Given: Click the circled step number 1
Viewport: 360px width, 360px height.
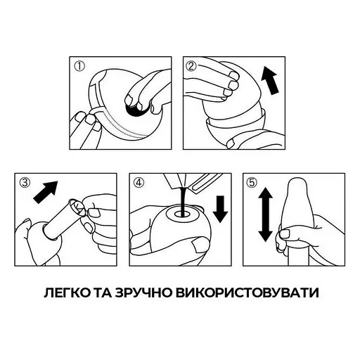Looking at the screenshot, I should tap(80, 67).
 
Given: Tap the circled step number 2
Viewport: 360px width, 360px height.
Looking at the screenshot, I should tap(191, 67).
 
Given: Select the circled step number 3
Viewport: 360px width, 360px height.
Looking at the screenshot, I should tap(25, 185).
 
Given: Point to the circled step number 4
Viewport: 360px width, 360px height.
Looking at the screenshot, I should tap(139, 185).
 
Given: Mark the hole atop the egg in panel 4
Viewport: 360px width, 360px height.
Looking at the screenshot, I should tap(181, 208).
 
